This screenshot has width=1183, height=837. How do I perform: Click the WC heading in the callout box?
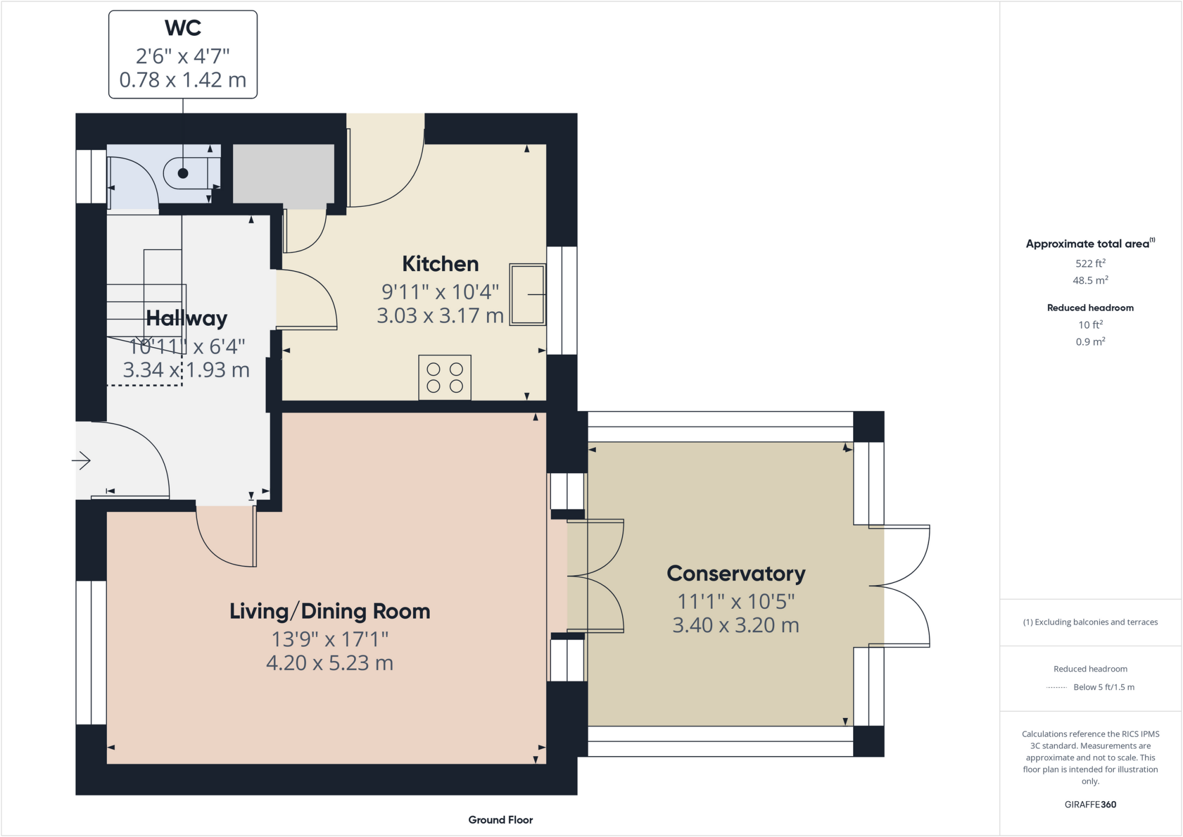tap(183, 28)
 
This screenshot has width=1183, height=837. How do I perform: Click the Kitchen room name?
tap(440, 264)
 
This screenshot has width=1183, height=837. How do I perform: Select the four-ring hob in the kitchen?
tap(445, 378)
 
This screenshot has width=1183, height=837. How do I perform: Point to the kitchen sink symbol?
tap(527, 295)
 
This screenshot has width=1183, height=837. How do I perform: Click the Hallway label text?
tap(187, 318)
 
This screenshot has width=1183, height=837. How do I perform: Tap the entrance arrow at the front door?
tap(81, 460)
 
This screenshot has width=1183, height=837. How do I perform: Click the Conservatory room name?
tap(736, 574)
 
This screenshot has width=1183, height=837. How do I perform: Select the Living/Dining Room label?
tap(330, 611)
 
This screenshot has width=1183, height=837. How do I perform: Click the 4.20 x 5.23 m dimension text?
tap(330, 663)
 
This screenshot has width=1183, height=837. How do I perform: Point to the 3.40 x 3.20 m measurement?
tap(736, 625)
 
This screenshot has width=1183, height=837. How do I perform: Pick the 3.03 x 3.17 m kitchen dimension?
tap(440, 315)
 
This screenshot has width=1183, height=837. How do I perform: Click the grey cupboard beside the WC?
tap(283, 173)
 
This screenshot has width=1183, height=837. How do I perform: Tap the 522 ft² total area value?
tap(1090, 263)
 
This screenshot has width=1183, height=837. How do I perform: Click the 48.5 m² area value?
tap(1090, 281)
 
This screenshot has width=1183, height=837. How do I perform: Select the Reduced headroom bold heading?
tap(1090, 308)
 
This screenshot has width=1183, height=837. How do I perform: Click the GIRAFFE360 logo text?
tap(1090, 804)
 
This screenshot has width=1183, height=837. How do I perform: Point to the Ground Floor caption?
tap(500, 820)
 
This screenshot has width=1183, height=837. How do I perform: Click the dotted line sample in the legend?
tap(1056, 687)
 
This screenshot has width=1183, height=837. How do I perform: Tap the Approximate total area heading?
tap(1088, 244)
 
